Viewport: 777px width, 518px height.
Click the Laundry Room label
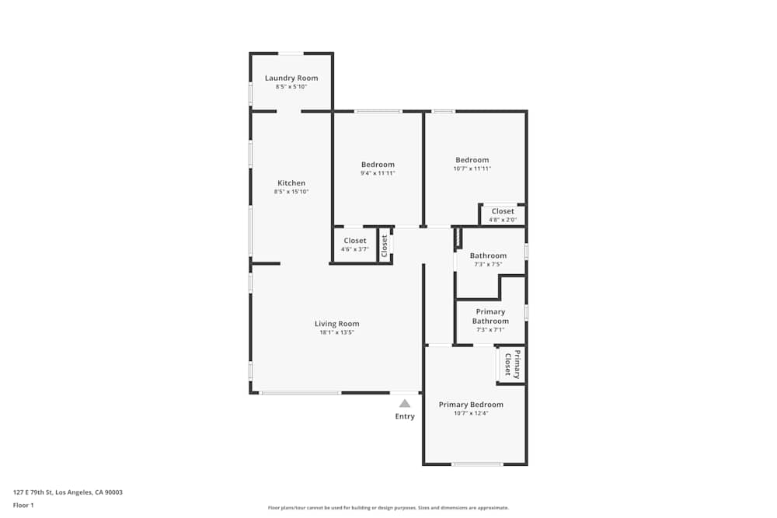[x=291, y=78]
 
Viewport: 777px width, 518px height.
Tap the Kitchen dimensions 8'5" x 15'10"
[x=291, y=192]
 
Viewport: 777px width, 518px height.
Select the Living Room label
[x=337, y=324]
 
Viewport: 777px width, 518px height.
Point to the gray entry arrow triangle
[x=405, y=403]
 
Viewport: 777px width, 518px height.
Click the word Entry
[x=405, y=416]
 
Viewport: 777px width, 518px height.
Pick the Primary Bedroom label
[x=471, y=405]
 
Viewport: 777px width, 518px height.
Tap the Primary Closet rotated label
[x=512, y=364]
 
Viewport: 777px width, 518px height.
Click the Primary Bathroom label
[x=490, y=316]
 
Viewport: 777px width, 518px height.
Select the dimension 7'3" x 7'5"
[x=488, y=265]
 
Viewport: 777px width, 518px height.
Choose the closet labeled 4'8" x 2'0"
[x=503, y=215]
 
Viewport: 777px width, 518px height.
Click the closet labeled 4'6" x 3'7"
[x=355, y=245]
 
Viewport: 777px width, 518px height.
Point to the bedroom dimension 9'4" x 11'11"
[x=378, y=173]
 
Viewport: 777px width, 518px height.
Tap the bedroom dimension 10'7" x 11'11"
[x=472, y=169]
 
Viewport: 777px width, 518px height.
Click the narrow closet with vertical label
[x=385, y=245]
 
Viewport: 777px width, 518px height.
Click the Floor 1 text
[x=23, y=505]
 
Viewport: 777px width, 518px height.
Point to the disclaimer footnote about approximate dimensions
[x=388, y=508]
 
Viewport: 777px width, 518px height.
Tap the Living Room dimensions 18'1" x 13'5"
[x=337, y=333]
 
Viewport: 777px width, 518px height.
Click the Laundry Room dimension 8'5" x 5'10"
[x=291, y=87]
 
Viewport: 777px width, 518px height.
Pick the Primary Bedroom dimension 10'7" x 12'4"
[x=471, y=413]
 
